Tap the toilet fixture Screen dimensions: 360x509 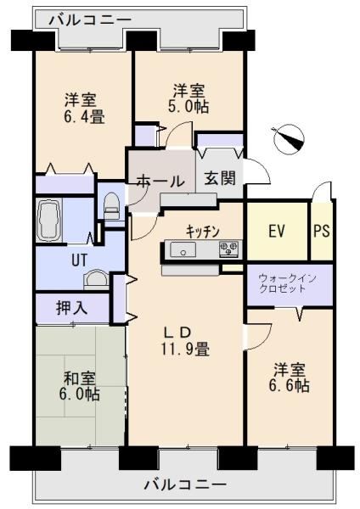click(x=112, y=206)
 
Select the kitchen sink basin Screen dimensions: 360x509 click(x=183, y=249)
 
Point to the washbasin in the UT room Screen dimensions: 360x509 click(x=95, y=279)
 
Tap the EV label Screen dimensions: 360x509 click(x=277, y=231)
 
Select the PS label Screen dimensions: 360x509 click(x=322, y=231)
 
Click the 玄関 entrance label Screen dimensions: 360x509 click(x=220, y=178)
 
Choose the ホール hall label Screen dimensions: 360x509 click(x=160, y=181)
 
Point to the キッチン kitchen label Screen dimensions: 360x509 click(x=203, y=231)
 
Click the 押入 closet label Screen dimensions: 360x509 click(x=72, y=307)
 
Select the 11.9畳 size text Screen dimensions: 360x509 click(x=184, y=350)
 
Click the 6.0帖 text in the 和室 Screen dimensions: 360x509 click(x=79, y=394)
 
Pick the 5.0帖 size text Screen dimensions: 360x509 click(x=188, y=107)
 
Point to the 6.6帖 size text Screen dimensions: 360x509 click(x=289, y=385)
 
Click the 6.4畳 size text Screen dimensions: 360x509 click(x=84, y=116)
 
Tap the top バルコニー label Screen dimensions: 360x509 click(x=90, y=20)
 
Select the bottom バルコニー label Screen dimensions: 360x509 click(x=185, y=485)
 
